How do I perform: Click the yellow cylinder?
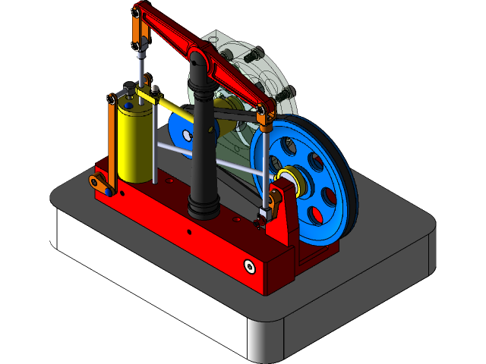(135, 144)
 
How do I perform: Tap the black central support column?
(203, 144)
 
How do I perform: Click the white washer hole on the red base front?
(249, 265)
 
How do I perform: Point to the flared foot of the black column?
(203, 205)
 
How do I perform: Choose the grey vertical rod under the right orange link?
(264, 163)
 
